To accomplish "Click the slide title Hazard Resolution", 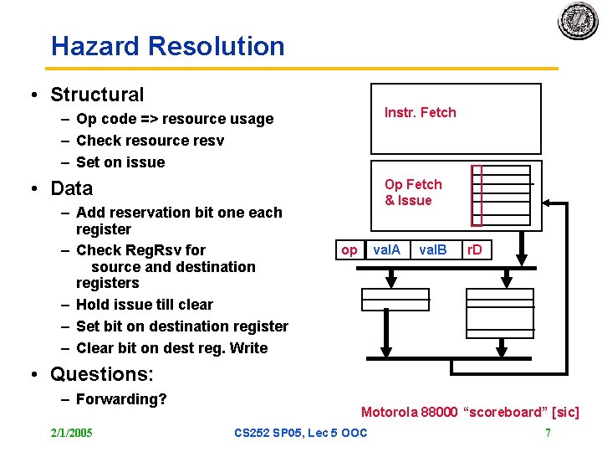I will [x=167, y=46].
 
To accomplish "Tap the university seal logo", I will [x=578, y=21].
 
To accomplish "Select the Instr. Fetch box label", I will [x=420, y=113].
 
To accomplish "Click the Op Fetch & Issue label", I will [x=413, y=193].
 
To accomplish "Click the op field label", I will [x=349, y=249].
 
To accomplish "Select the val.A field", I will [x=386, y=249].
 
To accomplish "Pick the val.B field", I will [x=432, y=249].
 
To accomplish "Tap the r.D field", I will [x=474, y=249].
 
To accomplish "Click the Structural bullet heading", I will [x=97, y=95].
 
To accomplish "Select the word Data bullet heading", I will [x=72, y=188].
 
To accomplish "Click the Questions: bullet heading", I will [x=102, y=373].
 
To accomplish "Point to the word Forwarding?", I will [x=121, y=399].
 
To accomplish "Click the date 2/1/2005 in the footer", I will [x=72, y=433].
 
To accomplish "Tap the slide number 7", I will [x=547, y=433].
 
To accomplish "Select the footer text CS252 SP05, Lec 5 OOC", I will [x=300, y=433].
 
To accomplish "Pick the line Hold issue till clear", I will [x=144, y=305].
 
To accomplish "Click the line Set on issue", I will [x=120, y=162].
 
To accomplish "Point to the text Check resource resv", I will [x=150, y=141].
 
